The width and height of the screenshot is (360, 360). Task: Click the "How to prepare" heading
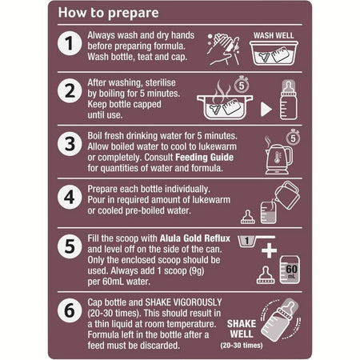(108, 13)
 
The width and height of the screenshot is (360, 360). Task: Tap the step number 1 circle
(70, 43)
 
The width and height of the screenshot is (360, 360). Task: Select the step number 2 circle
(70, 90)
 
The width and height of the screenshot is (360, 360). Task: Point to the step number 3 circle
(70, 144)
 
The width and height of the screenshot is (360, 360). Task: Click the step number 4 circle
(70, 197)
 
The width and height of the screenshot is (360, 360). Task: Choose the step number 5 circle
(70, 246)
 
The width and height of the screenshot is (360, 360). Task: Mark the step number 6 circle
(70, 310)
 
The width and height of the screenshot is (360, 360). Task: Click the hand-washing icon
(223, 49)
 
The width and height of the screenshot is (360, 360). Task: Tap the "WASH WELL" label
(274, 35)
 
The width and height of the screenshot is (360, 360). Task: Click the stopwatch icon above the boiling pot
(242, 84)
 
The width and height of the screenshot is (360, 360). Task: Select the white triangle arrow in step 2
(266, 110)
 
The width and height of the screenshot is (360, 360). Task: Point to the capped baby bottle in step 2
(289, 100)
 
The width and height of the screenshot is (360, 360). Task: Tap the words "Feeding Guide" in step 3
(204, 158)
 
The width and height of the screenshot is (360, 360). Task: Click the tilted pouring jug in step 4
(287, 195)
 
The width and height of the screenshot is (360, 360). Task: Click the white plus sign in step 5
(269, 250)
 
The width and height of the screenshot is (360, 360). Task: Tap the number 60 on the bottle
(291, 269)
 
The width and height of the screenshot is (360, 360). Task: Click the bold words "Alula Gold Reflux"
(195, 238)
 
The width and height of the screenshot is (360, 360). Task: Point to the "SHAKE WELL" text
(242, 329)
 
